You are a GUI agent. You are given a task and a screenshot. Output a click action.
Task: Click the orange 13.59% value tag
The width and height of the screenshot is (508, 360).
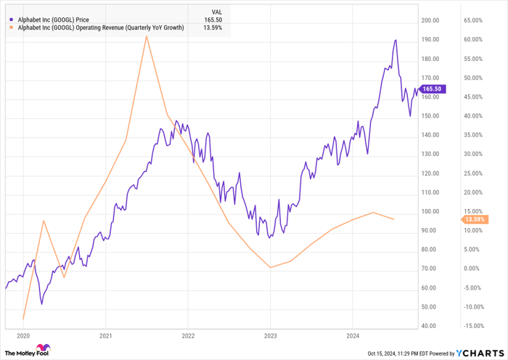[474, 219]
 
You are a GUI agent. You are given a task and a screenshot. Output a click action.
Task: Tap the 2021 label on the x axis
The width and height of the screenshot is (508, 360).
[105, 336]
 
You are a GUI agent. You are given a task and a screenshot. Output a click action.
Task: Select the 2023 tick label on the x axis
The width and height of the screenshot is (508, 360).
[269, 336]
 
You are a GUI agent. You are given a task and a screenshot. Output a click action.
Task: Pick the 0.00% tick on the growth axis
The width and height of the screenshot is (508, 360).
[475, 269]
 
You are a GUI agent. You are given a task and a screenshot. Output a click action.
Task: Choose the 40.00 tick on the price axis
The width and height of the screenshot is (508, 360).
[429, 326]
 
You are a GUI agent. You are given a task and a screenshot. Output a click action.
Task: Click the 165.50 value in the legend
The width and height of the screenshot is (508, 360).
[212, 20]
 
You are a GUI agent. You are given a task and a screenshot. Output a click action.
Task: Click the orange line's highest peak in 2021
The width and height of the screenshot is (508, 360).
[147, 36]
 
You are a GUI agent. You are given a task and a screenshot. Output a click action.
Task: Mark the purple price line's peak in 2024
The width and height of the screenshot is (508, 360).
[396, 40]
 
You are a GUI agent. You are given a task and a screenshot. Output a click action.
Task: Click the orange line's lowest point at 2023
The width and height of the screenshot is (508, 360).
[270, 267]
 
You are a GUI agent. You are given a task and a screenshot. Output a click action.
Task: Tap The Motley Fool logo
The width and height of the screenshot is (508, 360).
[27, 352]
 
